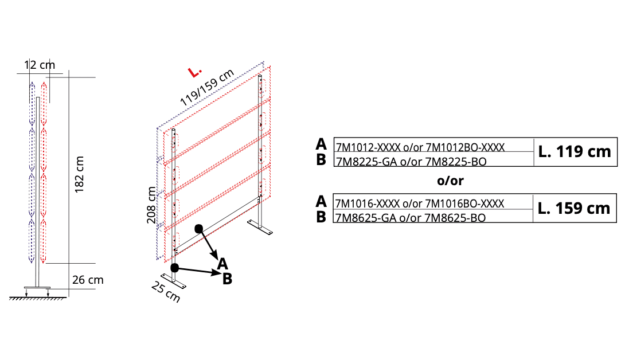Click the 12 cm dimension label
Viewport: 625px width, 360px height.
40,65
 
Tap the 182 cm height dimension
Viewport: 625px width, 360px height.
80,174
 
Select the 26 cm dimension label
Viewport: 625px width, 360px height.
88,280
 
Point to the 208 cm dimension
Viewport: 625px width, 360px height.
151,205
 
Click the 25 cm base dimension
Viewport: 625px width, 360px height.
166,291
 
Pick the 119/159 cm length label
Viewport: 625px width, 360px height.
206,87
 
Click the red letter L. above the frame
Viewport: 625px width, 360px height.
194,72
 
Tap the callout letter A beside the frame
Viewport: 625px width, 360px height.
222,264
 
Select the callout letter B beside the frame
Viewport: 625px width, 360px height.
227,279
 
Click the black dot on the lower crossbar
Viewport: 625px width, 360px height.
198,228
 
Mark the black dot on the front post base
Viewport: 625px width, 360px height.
174,268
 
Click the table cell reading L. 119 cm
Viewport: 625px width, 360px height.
575,151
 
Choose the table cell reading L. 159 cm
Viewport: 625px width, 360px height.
574,208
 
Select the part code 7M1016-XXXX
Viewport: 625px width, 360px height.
367,204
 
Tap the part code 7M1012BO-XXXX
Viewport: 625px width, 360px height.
465,147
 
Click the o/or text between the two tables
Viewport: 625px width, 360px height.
451,181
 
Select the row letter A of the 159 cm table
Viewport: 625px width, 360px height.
321,201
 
